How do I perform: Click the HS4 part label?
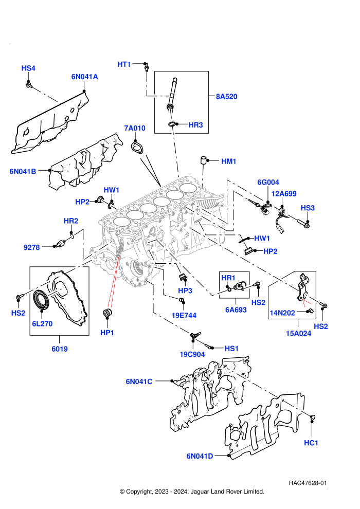28,68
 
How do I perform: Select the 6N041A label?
84,77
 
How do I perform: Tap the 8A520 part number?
227,97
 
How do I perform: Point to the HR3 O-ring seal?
172,124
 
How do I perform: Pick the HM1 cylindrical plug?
204,160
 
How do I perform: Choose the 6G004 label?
268,182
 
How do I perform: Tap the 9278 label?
31,247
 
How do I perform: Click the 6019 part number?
60,349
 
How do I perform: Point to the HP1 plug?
107,313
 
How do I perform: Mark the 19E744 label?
184,315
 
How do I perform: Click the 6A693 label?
236,310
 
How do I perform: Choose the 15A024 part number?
298,333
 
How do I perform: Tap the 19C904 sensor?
195,335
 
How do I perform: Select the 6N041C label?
139,381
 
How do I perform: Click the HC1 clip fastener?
312,418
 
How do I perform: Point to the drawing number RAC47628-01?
308,483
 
